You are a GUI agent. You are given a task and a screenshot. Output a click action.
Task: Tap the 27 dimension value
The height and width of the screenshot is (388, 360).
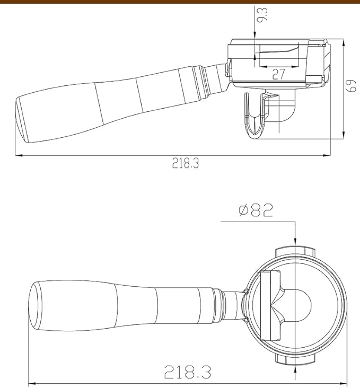pos(279,74)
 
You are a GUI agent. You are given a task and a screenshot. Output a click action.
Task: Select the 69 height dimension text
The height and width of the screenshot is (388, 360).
pos(352,85)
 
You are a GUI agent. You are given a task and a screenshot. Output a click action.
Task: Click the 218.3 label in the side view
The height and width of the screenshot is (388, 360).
pos(186,163)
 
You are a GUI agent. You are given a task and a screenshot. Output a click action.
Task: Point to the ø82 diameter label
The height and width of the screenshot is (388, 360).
pos(256,210)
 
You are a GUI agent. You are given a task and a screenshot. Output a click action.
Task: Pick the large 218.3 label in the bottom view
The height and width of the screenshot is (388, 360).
pos(188,372)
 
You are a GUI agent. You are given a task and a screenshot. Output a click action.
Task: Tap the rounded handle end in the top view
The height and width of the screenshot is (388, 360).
pos(36,306)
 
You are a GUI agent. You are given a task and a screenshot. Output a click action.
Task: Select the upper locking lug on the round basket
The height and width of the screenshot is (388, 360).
pos(295,251)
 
